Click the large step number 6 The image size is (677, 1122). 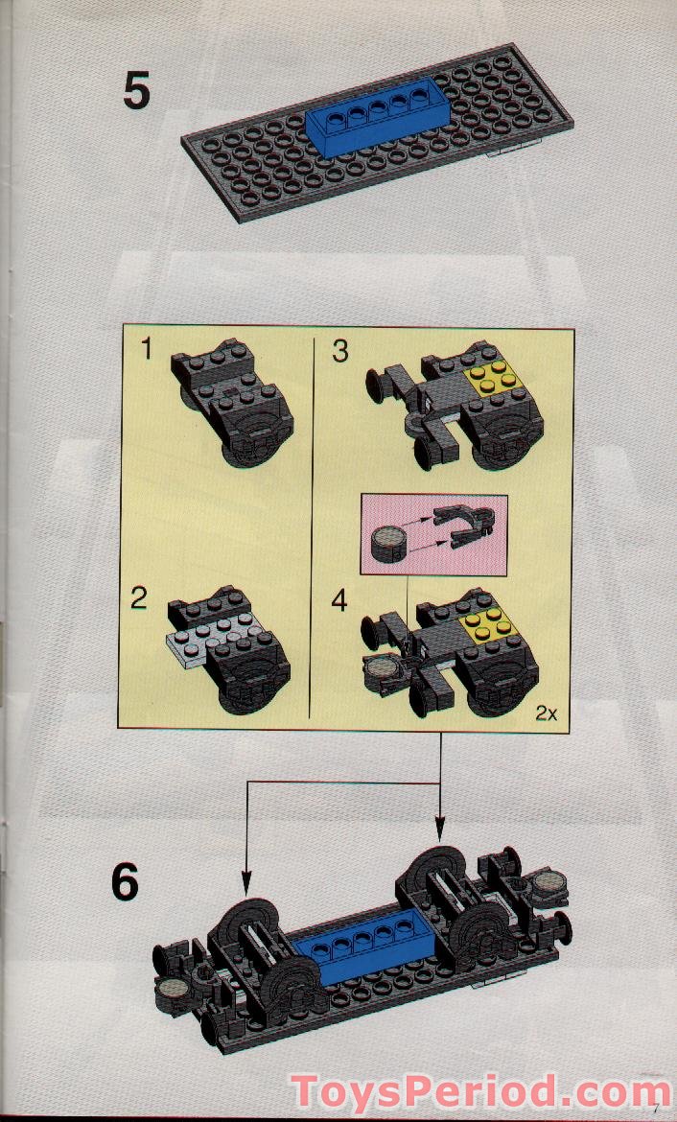pos(125,882)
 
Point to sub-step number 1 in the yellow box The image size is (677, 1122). pos(146,350)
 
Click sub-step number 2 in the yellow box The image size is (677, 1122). pos(140,599)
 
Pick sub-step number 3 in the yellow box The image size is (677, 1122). pos(340,351)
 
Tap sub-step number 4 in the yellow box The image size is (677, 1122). pos(340,601)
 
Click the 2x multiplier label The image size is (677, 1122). pos(548,713)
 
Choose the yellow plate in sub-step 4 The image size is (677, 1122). pos(487,622)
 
